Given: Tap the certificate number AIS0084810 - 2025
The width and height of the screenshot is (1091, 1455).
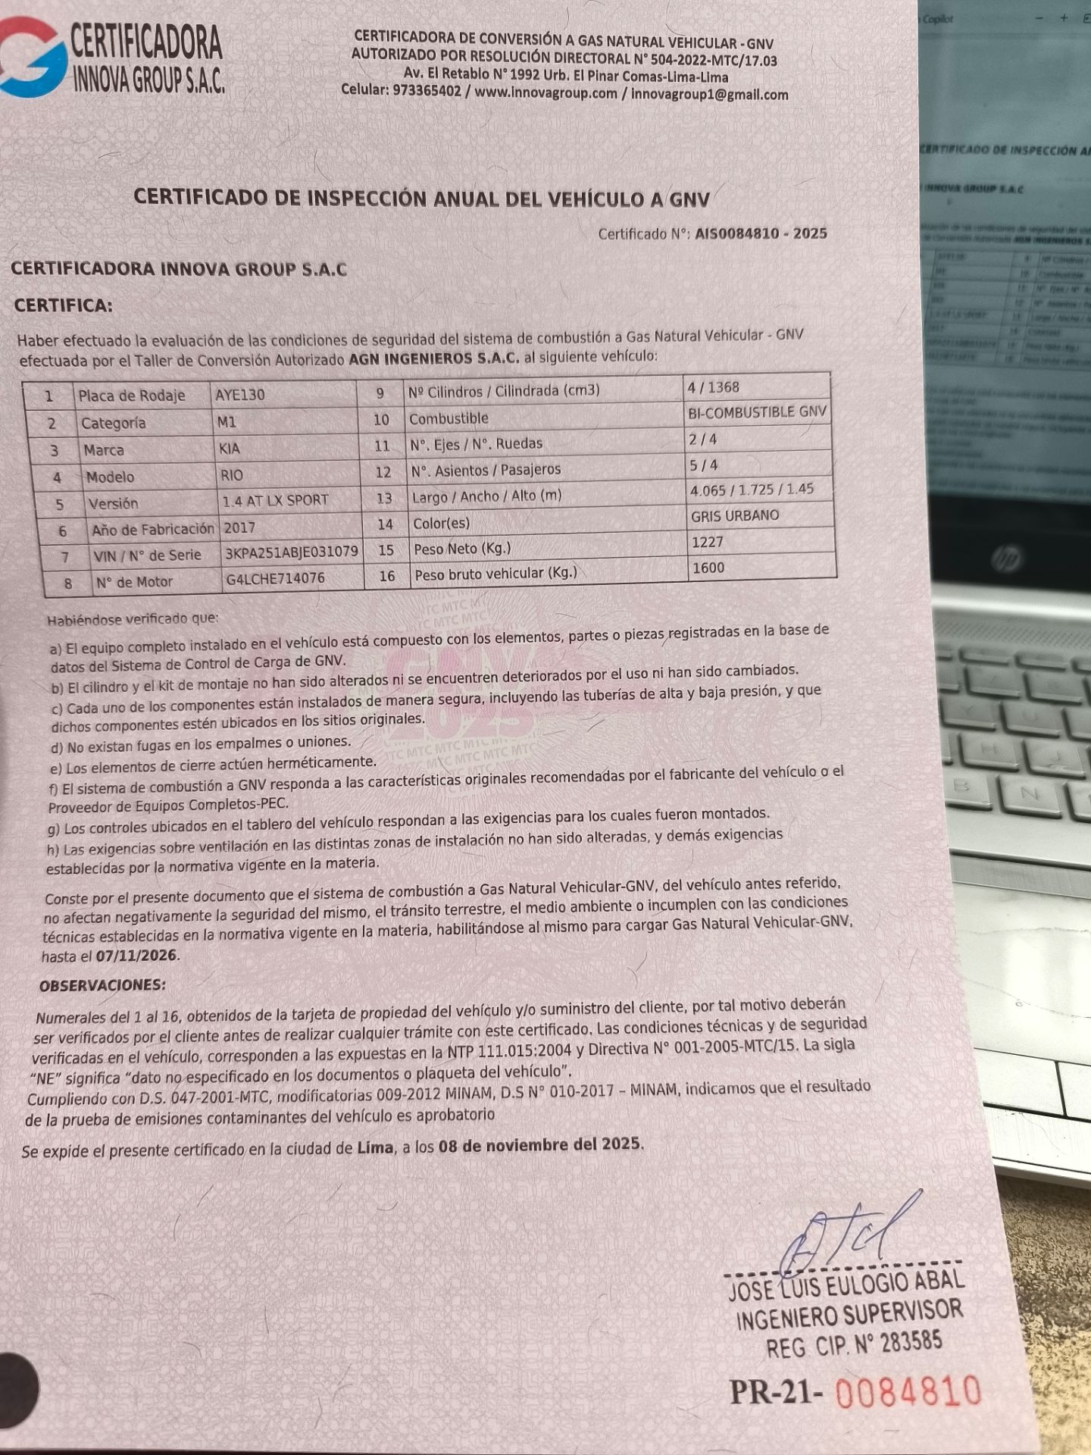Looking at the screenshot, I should [x=760, y=233].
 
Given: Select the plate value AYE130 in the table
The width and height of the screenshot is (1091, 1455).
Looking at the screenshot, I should [x=239, y=395].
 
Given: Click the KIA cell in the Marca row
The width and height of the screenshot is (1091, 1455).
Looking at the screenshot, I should [x=229, y=449].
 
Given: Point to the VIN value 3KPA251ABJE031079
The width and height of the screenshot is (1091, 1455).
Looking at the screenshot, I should [x=291, y=552].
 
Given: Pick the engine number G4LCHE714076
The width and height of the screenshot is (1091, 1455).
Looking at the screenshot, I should [x=275, y=579].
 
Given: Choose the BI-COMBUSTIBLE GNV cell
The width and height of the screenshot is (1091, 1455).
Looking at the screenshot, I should [x=756, y=412].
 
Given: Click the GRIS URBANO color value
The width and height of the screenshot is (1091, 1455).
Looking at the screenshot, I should [x=734, y=516].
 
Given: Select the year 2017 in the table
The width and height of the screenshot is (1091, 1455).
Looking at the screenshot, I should [x=239, y=527].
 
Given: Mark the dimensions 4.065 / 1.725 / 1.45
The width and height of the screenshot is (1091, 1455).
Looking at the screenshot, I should [x=751, y=490].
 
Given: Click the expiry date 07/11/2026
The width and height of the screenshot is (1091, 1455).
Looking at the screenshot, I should [x=137, y=956].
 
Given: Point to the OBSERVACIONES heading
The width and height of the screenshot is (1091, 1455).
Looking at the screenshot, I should [x=102, y=986].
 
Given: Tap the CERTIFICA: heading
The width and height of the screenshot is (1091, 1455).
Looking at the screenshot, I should [x=63, y=306].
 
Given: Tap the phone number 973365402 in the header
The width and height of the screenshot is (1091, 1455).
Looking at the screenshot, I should [x=427, y=90].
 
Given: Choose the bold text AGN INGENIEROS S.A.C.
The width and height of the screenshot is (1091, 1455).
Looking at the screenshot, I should [x=433, y=359].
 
